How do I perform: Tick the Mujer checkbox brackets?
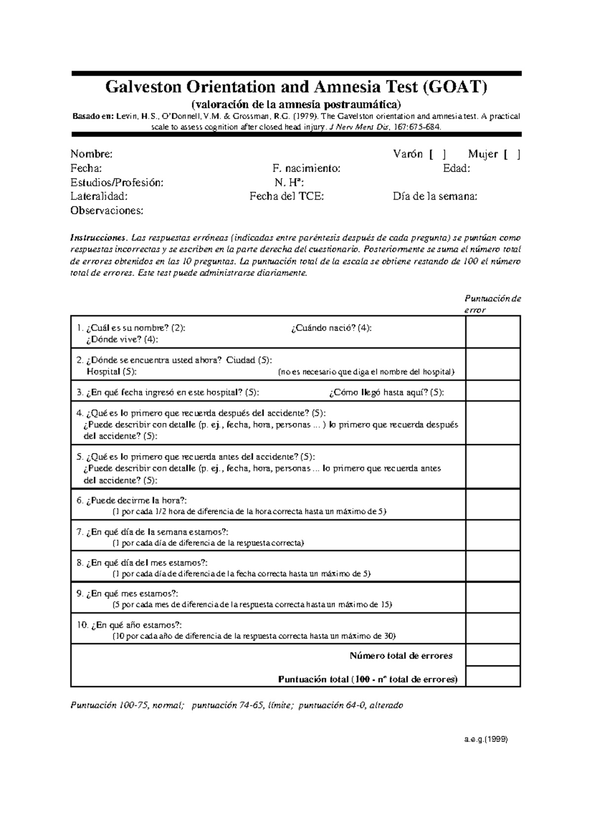coord(512,155)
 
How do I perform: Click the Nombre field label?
coord(91,154)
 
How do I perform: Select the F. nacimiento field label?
coord(306,169)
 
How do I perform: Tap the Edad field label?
coord(456,169)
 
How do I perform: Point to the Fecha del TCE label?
coord(287,197)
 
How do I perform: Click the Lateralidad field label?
coord(99,197)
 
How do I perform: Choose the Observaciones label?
coord(107,211)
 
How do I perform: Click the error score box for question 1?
coord(493,332)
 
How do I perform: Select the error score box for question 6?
coord(493,504)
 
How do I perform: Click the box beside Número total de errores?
coord(493,655)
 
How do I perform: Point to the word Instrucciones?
coord(102,238)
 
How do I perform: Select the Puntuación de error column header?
coord(492,304)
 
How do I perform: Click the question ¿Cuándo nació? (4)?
coord(331,328)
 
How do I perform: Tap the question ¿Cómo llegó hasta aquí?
coord(386,392)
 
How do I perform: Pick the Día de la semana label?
coord(435,197)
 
